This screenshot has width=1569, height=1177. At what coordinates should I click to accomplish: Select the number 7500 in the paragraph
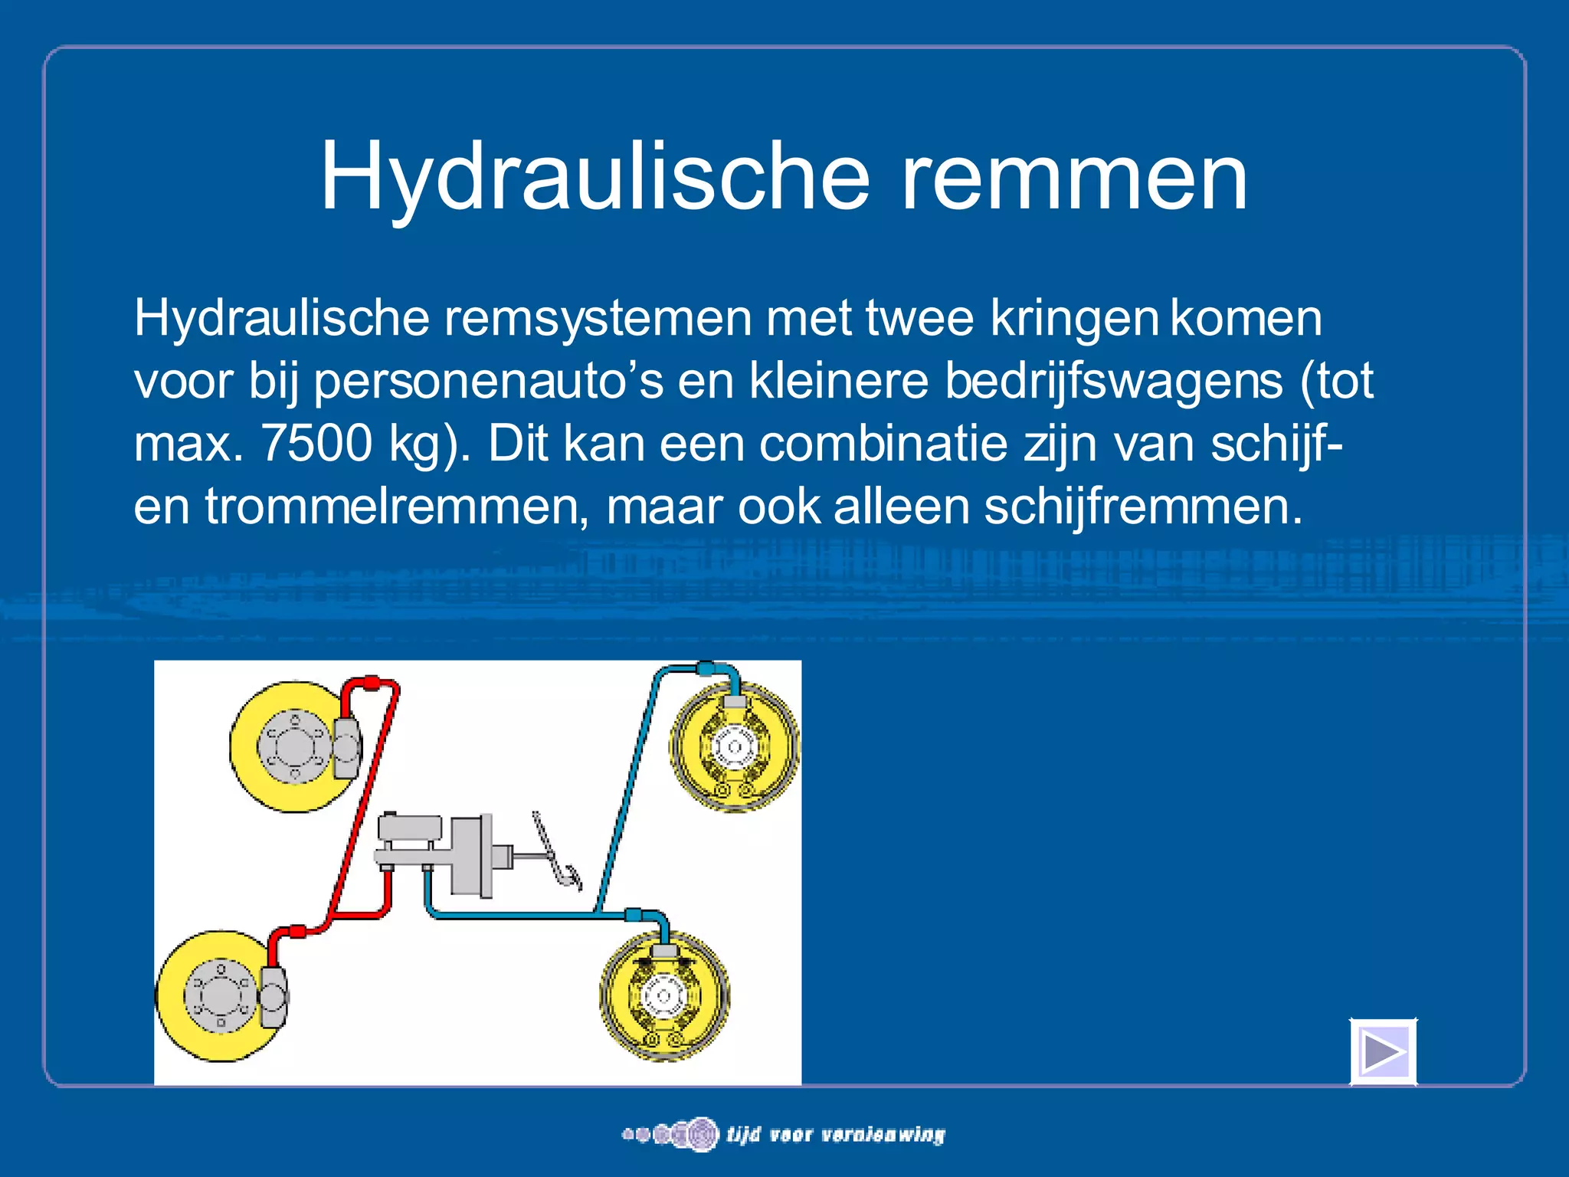coord(316,443)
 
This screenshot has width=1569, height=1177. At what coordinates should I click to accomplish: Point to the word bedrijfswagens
coord(1113,380)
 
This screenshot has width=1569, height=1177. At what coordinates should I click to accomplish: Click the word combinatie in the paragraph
coord(883,443)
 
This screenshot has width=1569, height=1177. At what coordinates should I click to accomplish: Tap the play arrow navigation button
coord(1384,1052)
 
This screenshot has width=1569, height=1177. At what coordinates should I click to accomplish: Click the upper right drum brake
coord(735,746)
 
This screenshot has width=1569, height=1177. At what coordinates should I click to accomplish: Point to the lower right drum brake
coord(664,995)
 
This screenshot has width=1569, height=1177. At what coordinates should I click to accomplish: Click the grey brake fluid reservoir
coord(410,828)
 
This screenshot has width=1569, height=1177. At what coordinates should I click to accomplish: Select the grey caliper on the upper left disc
coord(346,748)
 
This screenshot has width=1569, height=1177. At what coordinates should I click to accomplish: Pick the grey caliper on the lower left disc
coord(274,996)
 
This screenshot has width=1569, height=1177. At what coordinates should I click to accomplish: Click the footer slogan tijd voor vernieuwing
coord(835,1134)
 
